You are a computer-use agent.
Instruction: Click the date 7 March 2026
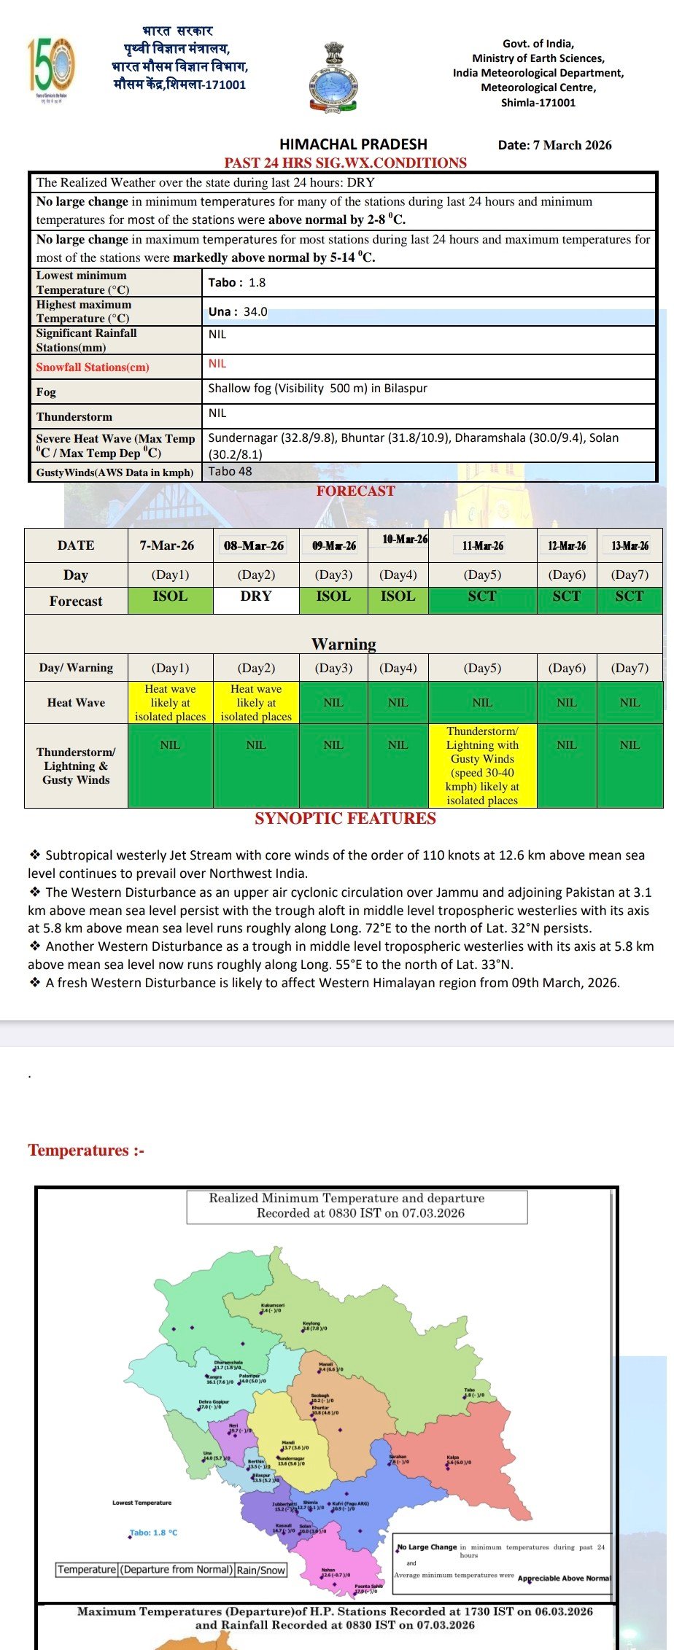[554, 144]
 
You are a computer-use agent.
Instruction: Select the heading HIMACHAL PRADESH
[353, 144]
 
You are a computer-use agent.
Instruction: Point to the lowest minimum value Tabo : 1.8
[237, 282]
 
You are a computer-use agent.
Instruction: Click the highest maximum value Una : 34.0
[238, 311]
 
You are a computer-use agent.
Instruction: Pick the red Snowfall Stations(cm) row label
[93, 367]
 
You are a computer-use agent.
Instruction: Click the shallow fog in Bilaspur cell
[317, 388]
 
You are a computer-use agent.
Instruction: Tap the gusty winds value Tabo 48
[230, 471]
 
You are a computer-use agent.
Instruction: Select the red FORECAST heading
[355, 491]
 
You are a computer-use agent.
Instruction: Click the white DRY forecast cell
[255, 596]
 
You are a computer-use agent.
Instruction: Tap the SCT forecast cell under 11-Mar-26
[482, 596]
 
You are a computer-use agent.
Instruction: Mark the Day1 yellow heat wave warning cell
[170, 702]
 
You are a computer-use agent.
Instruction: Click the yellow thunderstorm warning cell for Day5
[482, 765]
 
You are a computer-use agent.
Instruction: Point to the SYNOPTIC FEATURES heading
[345, 818]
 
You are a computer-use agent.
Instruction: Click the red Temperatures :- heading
[86, 1150]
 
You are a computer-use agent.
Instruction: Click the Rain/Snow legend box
[261, 1570]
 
